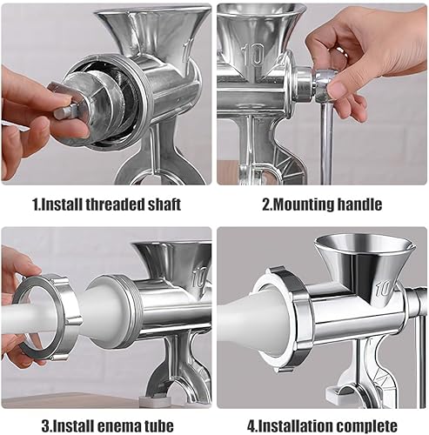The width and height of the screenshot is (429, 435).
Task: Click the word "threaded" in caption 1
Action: point(116,204)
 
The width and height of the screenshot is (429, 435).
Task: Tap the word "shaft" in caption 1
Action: point(164,204)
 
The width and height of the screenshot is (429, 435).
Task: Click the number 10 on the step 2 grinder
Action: point(253,55)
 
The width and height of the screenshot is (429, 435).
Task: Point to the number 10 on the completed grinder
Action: point(384,289)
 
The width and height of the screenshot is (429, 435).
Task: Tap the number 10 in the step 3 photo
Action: point(199,278)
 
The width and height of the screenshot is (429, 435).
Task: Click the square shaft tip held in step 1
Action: point(65,111)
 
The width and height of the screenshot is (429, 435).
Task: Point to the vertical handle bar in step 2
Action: point(326,143)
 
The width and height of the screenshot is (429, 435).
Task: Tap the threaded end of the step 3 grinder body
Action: point(131,311)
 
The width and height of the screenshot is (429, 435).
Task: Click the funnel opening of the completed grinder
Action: point(365,244)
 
